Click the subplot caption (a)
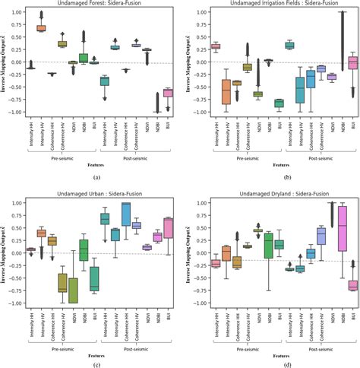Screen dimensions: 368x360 point(96,176)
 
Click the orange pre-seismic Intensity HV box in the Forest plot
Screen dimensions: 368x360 point(41,28)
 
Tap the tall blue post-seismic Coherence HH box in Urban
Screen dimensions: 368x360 point(126,214)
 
